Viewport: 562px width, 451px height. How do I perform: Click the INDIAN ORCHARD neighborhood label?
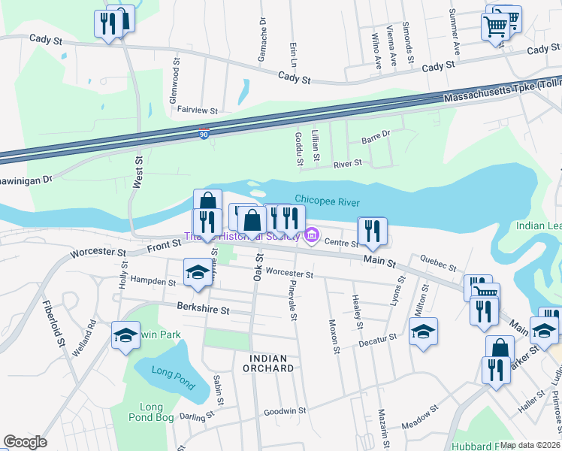coord(268,363)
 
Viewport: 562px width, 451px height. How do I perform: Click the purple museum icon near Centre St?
coord(311,239)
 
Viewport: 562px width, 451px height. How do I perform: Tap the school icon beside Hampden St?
coord(198,271)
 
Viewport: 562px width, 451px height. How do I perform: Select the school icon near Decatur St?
coord(423,331)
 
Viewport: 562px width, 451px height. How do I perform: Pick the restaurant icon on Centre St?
coord(372,231)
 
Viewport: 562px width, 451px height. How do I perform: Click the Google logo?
coord(25,442)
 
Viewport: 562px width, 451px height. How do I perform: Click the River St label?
coord(347,162)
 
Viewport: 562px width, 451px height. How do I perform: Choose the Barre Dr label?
coord(376,136)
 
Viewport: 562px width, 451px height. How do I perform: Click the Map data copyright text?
coord(530,445)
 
